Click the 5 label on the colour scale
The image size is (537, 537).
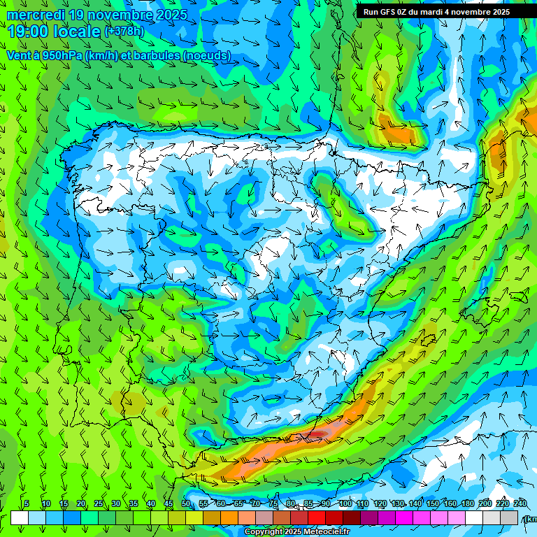coord(27,504)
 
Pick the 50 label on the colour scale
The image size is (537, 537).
coord(186,504)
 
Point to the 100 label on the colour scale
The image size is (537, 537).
coord(345,504)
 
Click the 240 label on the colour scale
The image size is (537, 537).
coord(520,504)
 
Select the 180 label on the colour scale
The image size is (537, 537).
coord(468,504)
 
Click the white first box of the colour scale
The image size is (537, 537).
coord(19,517)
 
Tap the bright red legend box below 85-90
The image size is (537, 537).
coord(317,517)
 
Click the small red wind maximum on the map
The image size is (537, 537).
coord(318,434)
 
